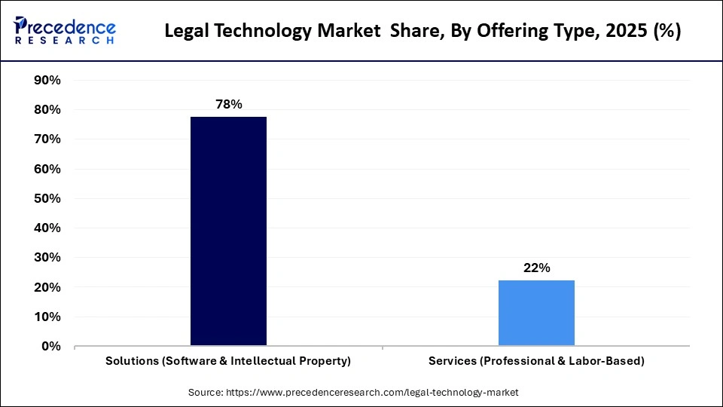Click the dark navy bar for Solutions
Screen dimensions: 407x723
[228, 231]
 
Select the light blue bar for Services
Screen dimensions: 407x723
[536, 313]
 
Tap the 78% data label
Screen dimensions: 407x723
[228, 104]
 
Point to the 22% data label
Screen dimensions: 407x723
[537, 268]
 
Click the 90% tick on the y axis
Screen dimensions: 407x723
[47, 81]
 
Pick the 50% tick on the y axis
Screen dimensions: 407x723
[47, 199]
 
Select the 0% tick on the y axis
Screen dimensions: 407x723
[50, 347]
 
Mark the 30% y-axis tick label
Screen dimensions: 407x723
[47, 258]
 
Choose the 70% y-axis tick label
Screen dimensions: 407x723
[47, 139]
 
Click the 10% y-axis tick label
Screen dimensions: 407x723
[47, 317]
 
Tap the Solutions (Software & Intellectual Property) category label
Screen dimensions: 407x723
[228, 361]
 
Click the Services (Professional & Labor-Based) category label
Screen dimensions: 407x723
[536, 361]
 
